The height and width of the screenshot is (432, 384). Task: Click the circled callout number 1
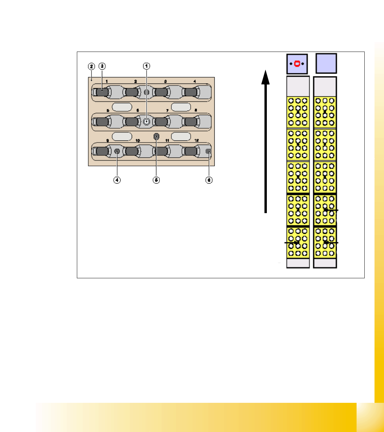pos(146,66)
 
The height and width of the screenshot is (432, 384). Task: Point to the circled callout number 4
pos(117,180)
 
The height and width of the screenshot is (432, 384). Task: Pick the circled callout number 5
pos(156,180)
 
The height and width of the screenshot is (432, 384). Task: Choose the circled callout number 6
pos(209,180)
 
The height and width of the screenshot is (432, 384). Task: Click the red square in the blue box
pos(297,64)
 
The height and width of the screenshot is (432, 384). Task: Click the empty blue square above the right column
pos(326,63)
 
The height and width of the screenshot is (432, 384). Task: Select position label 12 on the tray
pos(196,140)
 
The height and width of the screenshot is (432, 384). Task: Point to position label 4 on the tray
pos(195,81)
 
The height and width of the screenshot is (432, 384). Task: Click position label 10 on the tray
pos(138,140)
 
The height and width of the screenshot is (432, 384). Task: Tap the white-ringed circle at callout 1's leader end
pos(146,122)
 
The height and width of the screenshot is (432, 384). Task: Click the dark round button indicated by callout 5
pos(156,137)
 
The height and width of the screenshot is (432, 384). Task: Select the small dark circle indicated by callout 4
pos(117,151)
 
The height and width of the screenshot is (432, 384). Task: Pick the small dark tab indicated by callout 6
pos(208,151)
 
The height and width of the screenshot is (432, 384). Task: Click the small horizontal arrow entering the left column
pos(291,243)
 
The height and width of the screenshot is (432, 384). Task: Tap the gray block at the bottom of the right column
pos(325,263)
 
